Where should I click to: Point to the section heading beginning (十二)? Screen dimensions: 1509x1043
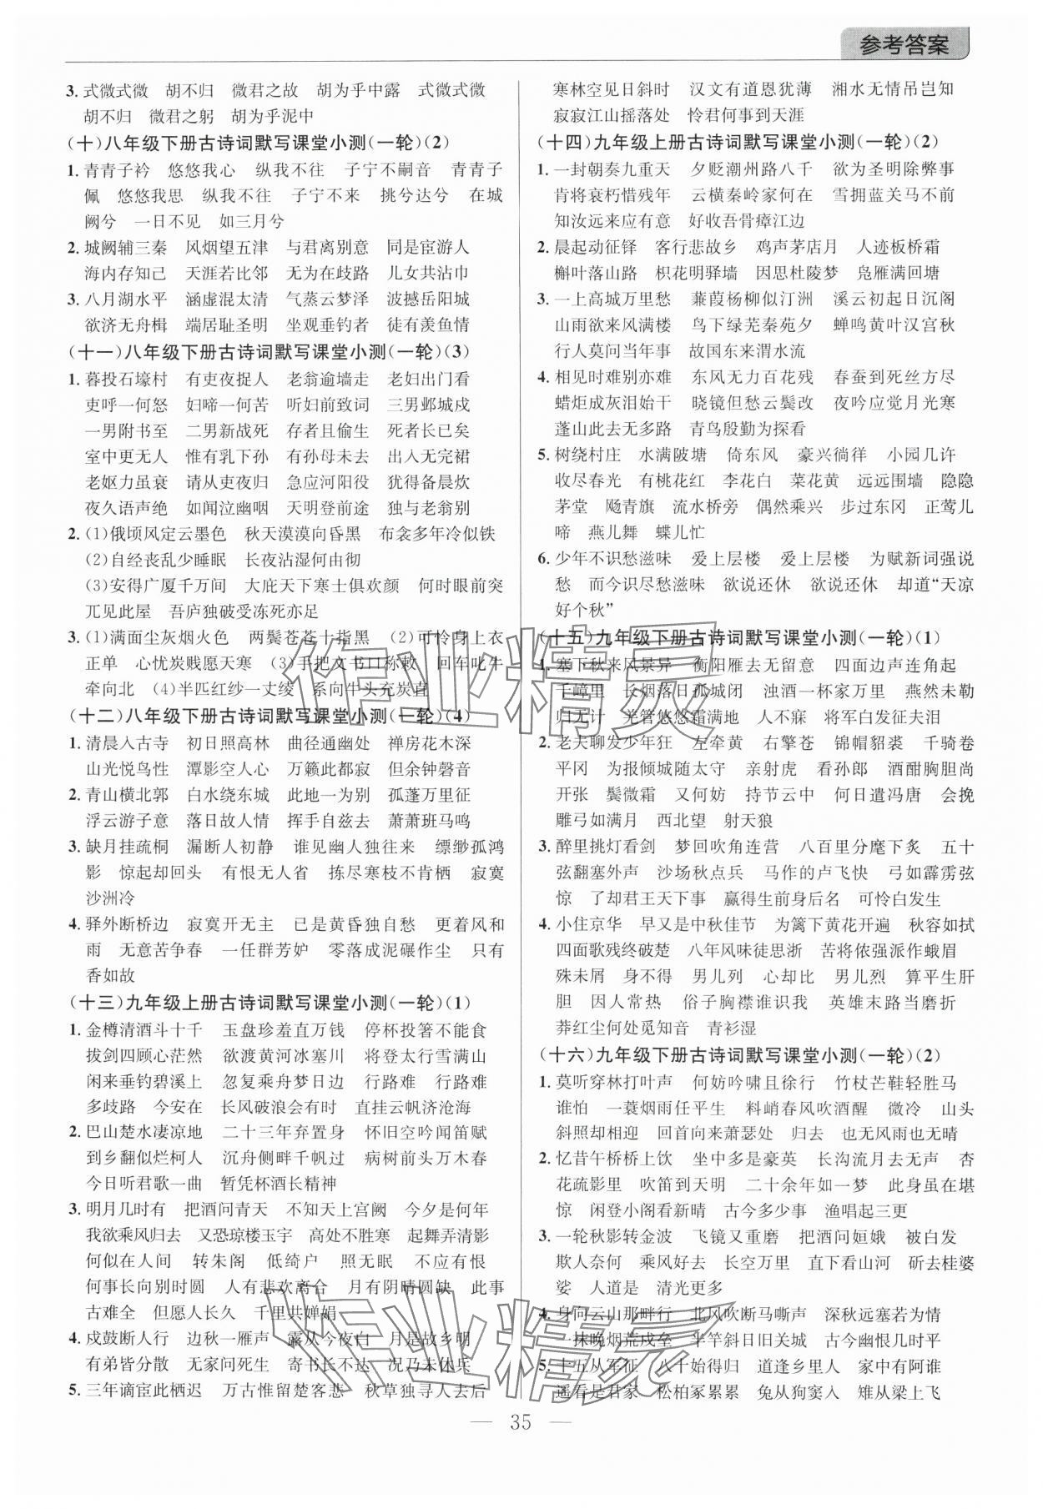272,716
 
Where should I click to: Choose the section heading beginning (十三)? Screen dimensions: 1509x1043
272,1003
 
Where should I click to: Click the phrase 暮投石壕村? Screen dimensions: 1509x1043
126,380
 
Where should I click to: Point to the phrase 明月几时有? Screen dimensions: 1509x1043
126,1210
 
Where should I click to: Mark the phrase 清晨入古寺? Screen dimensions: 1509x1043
126,742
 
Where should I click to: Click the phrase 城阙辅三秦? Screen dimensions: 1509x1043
126,247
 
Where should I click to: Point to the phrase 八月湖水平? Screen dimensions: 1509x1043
126,299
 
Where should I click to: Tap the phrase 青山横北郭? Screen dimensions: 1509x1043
126,794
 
